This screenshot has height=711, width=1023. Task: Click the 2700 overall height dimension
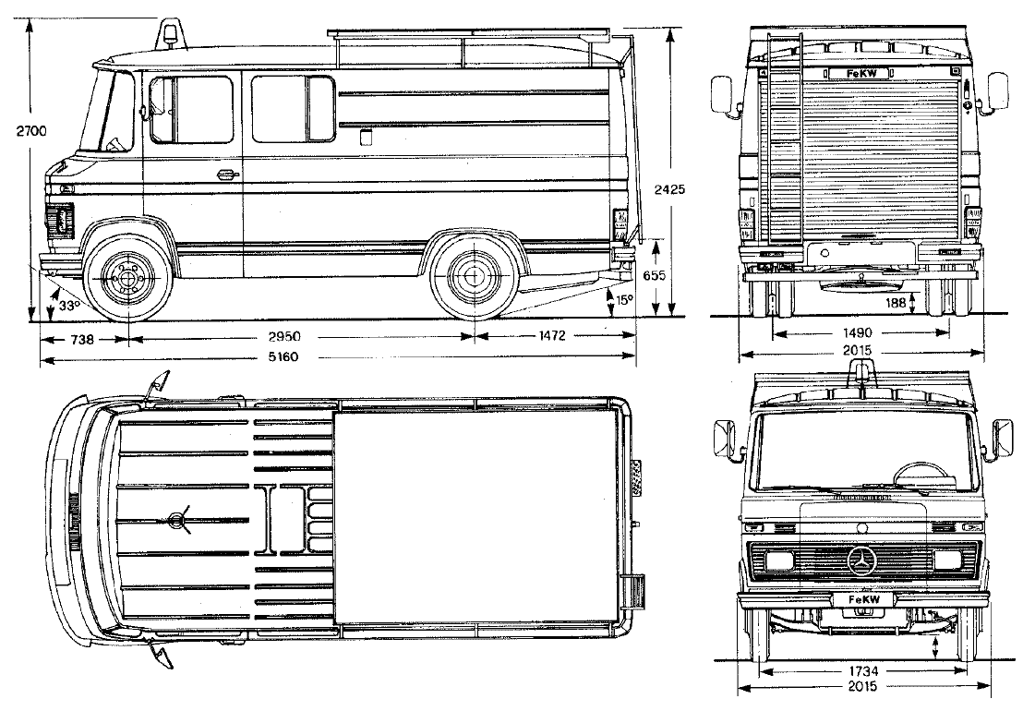30,132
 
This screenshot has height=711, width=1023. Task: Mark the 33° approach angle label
68,305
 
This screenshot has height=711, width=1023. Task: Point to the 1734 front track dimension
860,670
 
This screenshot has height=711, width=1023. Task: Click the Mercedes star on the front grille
861,560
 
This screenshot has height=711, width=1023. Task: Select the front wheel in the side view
129,274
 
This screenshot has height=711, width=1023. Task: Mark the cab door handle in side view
226,174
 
